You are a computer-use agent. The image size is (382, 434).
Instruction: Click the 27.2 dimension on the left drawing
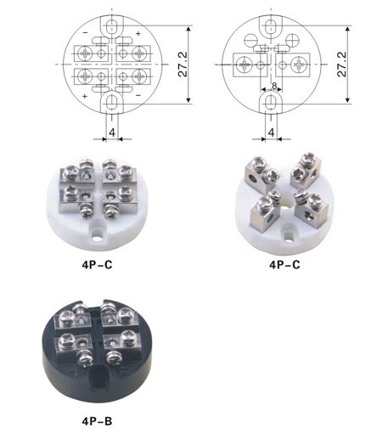click(183, 65)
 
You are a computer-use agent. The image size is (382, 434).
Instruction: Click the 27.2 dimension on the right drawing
click(342, 65)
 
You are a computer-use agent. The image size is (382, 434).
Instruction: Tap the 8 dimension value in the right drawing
click(274, 86)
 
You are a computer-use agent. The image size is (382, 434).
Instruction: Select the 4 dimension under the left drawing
click(112, 132)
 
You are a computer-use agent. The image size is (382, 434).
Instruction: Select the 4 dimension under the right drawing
click(272, 132)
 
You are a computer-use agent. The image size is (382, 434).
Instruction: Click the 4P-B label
click(97, 421)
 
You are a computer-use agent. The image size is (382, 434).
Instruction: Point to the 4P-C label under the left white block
click(97, 264)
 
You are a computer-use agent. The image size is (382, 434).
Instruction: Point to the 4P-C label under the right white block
click(284, 264)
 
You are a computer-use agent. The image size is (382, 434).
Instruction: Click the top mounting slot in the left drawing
click(112, 25)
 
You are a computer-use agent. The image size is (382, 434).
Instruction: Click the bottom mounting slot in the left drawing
click(112, 103)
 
